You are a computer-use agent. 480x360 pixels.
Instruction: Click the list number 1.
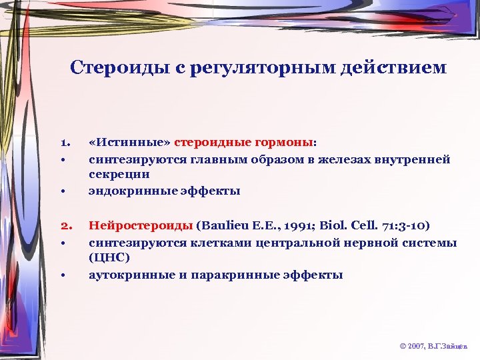(x=65, y=142)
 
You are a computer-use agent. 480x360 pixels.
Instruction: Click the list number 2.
(x=65, y=226)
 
